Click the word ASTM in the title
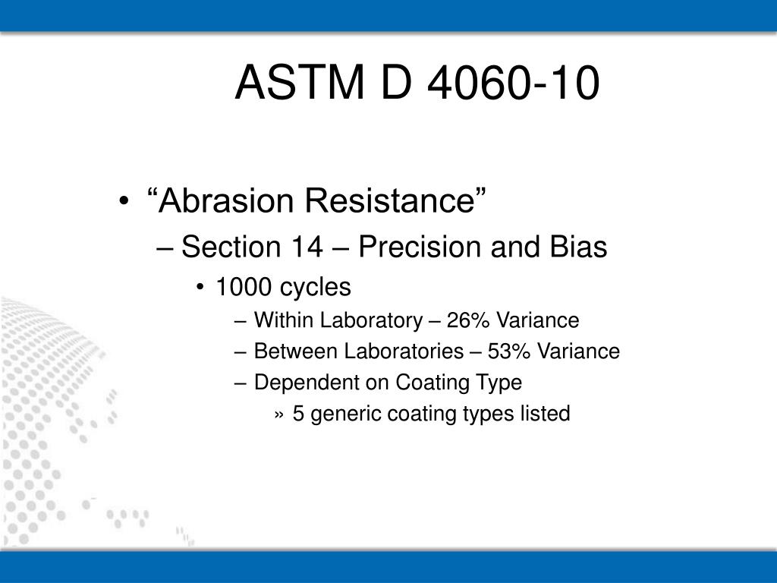click(299, 82)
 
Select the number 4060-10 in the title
click(514, 82)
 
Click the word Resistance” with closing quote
click(395, 200)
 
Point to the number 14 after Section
click(307, 247)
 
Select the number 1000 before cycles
click(244, 287)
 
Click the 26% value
click(467, 320)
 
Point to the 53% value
click(509, 351)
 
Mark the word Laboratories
click(404, 351)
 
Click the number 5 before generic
click(297, 414)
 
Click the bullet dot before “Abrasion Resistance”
click(124, 201)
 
